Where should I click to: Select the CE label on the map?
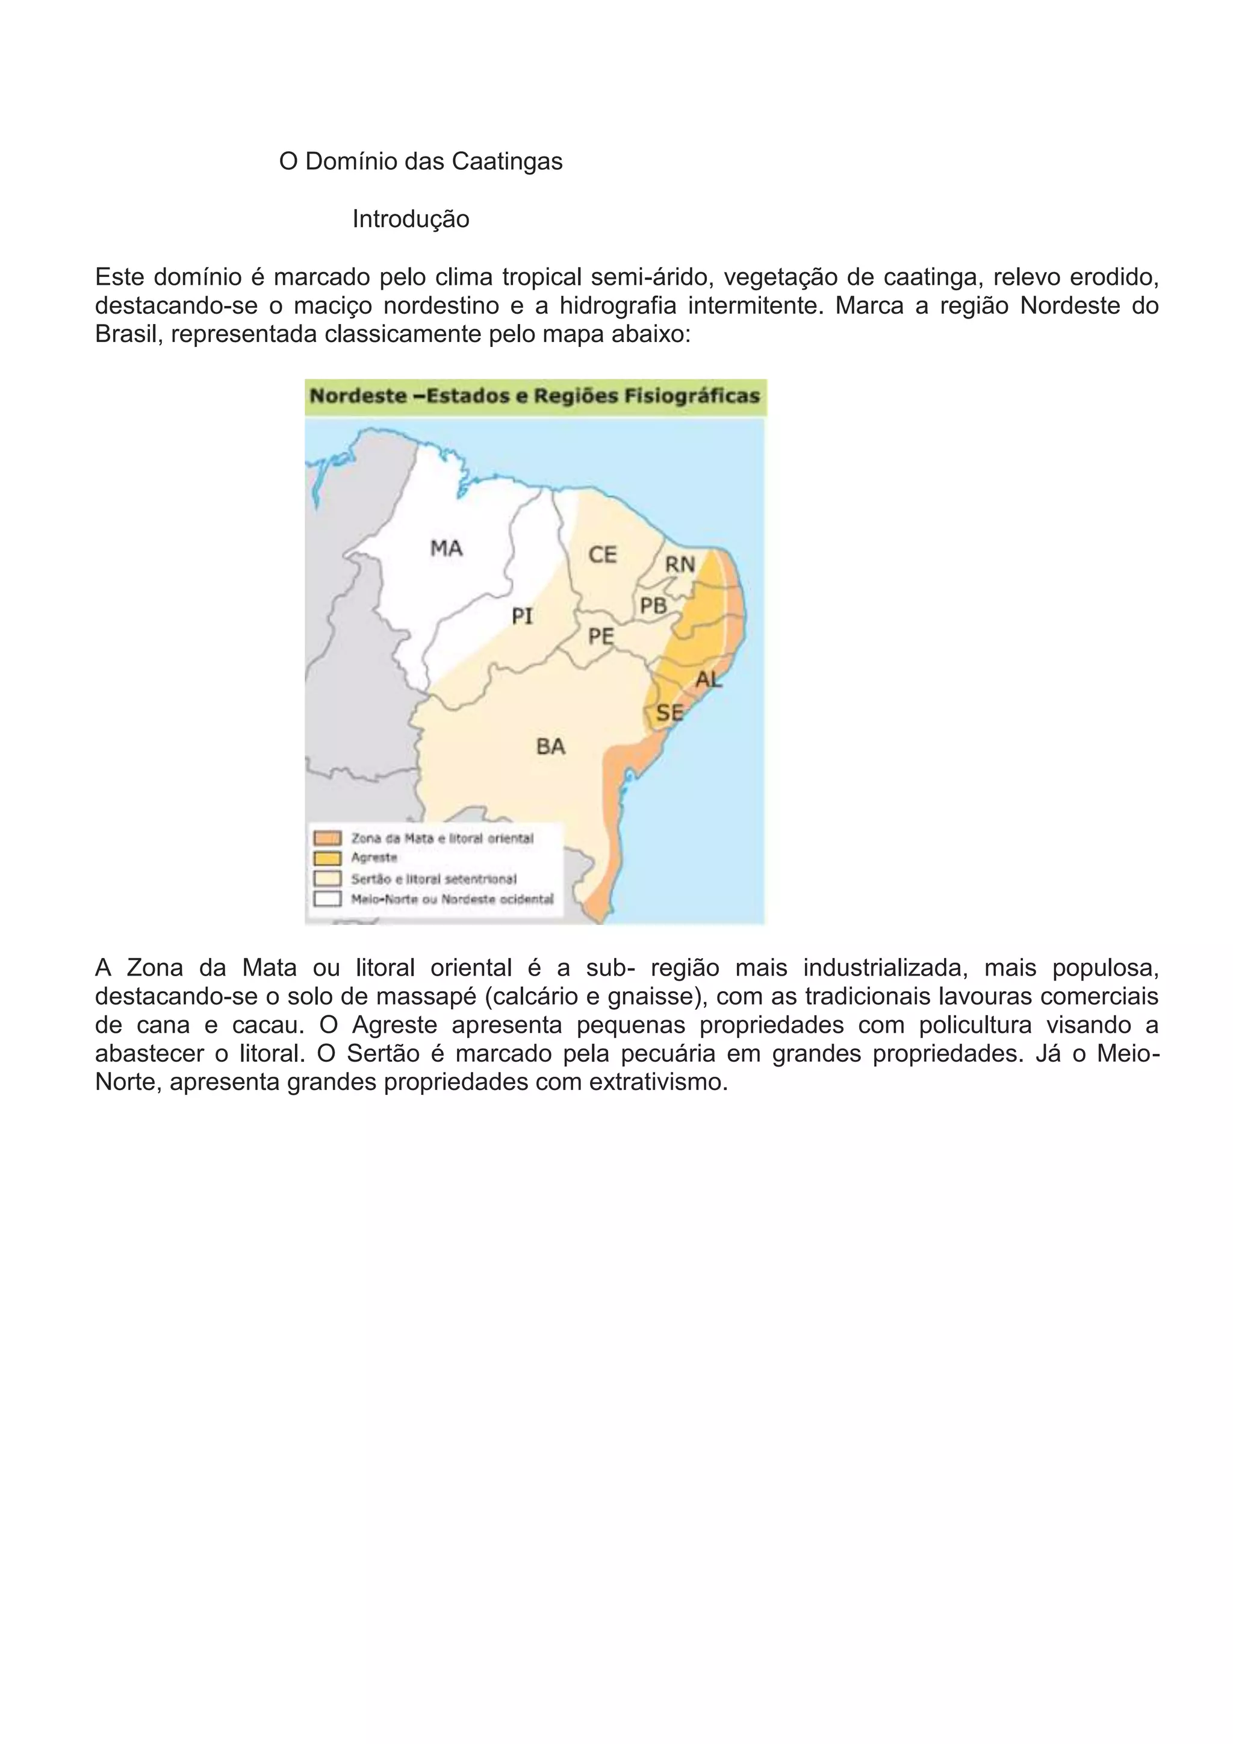coord(603,555)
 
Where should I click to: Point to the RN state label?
coord(680,564)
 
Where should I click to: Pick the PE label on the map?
coord(601,637)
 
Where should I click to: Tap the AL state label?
coord(709,679)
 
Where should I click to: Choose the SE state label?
coord(669,712)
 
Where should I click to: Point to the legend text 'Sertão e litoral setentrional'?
coord(433,879)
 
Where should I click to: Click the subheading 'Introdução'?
coord(411,220)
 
